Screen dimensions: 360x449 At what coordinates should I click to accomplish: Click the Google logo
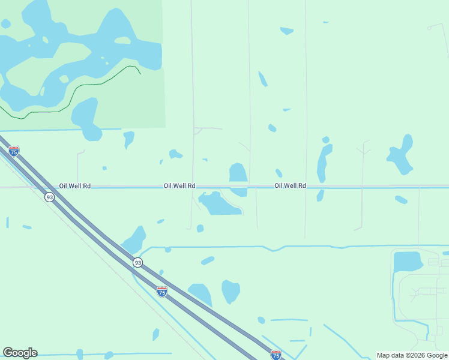coord(20,353)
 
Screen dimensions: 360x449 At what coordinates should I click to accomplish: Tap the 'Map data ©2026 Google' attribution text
coord(412,355)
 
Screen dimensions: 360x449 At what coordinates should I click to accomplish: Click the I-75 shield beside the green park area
coord(14,151)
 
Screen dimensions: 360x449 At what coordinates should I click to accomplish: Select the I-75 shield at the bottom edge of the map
coord(276,355)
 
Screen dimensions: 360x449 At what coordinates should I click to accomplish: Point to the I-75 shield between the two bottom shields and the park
coord(162,292)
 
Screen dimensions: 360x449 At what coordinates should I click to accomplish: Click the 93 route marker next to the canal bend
coord(138,263)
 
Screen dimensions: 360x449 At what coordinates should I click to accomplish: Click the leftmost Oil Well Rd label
coord(75,186)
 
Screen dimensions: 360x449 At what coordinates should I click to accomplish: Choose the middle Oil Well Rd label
coord(179,186)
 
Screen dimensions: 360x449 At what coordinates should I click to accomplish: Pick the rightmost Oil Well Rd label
coord(290,186)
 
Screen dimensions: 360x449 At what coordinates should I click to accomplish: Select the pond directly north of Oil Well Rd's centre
coord(238,173)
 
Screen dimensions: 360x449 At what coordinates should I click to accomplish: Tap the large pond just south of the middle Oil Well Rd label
coord(219,205)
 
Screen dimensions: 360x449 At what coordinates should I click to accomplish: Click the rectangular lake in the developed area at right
coord(408,262)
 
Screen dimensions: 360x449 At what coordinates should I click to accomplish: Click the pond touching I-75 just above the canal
coord(136,239)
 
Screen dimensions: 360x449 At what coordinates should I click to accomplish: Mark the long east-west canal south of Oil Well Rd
coord(300,247)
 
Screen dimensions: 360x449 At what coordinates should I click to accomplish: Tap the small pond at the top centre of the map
coord(287,31)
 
